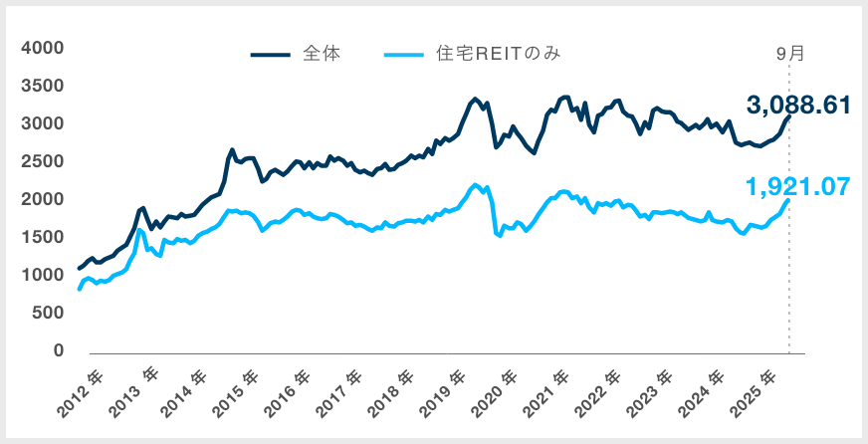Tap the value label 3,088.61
pos(798,105)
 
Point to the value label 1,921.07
pos(798,185)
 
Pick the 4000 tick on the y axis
pos(43,48)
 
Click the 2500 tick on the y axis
pos(43,162)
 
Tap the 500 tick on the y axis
pos(48,314)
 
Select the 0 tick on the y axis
pos(57,351)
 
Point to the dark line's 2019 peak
pos(475,99)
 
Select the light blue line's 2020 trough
pos(498,236)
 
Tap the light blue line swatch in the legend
pos(403,55)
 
